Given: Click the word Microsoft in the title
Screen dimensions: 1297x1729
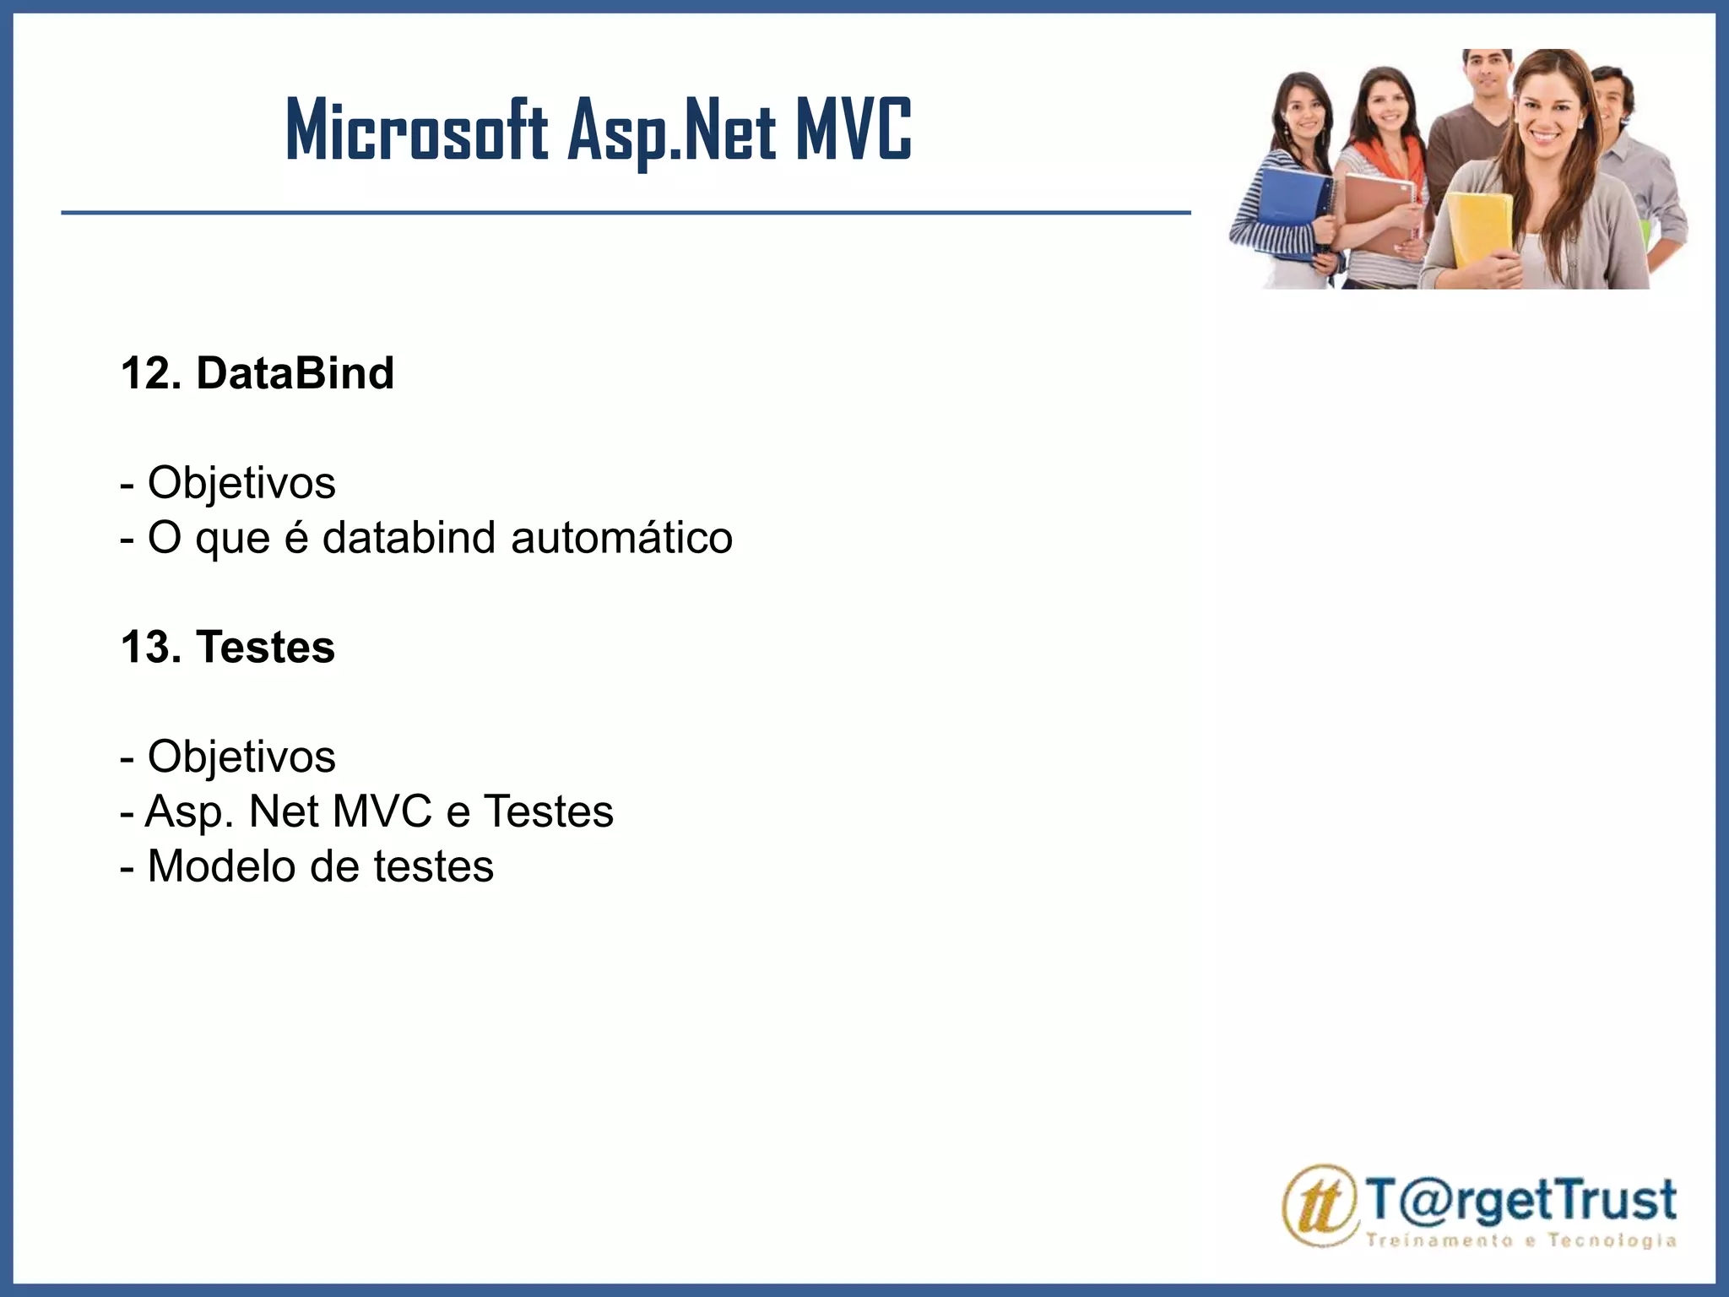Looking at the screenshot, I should (x=416, y=131).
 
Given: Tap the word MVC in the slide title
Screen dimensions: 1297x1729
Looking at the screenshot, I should (x=853, y=129).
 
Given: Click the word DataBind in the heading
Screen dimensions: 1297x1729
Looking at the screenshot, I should (x=295, y=373).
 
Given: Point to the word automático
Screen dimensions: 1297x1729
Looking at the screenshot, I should (x=621, y=538).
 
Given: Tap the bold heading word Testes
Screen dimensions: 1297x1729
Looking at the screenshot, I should (x=265, y=647).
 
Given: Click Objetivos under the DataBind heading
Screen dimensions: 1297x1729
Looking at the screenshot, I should (x=241, y=483).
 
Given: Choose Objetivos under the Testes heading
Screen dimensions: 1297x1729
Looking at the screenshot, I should (x=241, y=757).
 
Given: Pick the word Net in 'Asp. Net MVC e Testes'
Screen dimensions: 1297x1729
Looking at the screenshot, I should (x=283, y=811).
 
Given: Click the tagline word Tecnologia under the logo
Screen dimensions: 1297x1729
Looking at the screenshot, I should (x=1612, y=1240).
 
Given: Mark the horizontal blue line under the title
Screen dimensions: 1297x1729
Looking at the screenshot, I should (x=625, y=213).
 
